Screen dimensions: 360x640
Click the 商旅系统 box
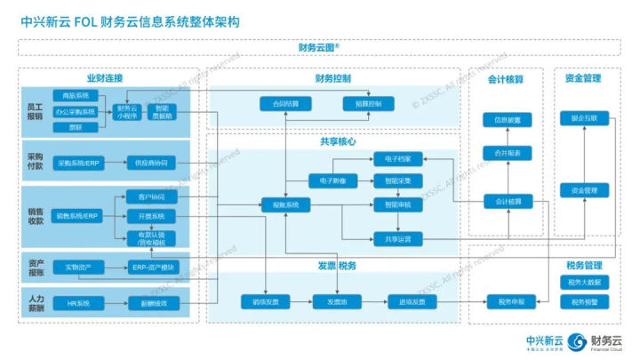[76, 95]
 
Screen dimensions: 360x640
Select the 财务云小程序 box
[128, 112]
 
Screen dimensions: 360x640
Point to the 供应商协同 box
[151, 163]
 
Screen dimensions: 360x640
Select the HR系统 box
[79, 303]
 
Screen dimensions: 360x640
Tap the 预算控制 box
[368, 104]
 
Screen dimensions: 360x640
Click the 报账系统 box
[284, 204]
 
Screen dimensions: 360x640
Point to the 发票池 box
[335, 303]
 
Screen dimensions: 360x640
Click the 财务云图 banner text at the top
[319, 48]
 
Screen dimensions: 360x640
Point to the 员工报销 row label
[35, 112]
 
